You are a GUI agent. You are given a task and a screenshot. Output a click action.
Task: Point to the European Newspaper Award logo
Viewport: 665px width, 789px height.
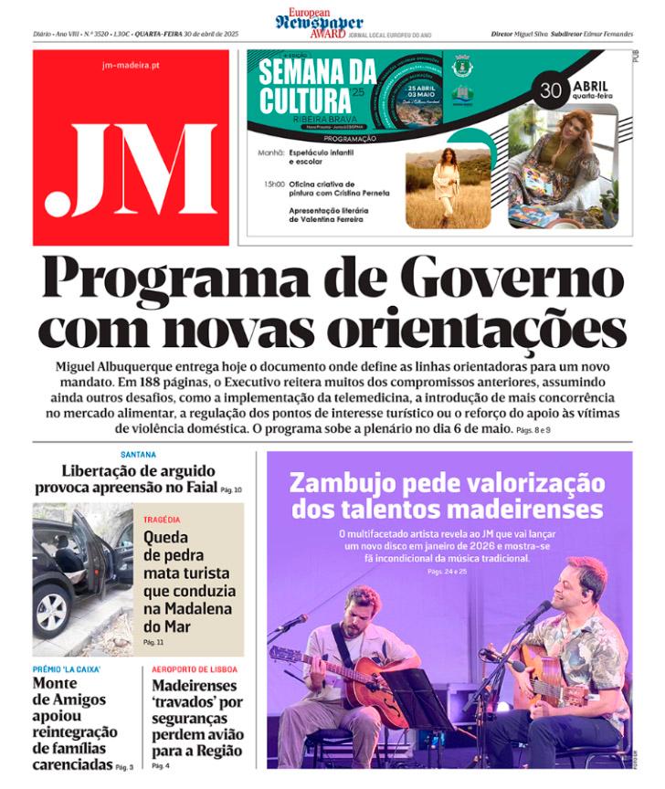319,24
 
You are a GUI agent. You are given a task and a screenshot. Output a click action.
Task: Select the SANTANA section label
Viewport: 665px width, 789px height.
138,455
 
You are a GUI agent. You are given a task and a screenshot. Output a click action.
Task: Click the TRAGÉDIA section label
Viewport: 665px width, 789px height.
162,520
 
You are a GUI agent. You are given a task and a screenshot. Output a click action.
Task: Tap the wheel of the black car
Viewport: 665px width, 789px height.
52,612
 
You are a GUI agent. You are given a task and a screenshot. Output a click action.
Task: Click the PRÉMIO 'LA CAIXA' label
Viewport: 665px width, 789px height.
67,669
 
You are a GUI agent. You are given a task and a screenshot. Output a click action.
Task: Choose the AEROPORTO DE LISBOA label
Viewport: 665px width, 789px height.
195,669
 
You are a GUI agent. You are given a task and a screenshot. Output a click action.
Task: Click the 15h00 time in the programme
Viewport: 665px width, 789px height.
273,184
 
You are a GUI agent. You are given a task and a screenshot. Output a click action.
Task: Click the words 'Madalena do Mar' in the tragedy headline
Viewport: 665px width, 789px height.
187,617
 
